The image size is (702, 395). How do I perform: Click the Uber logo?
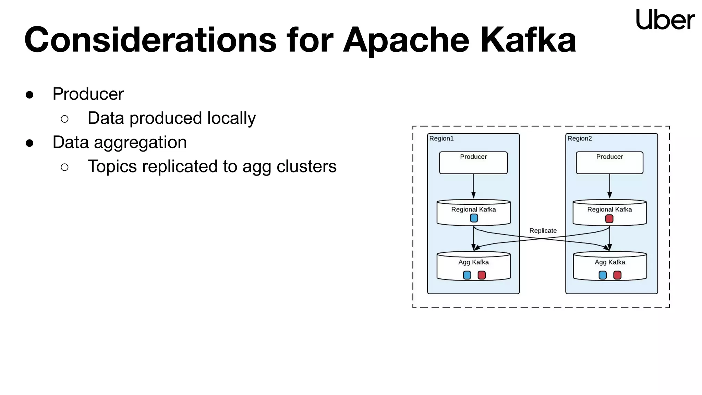(665, 20)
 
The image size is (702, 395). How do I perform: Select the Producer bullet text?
(88, 94)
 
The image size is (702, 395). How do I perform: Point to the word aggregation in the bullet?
(140, 142)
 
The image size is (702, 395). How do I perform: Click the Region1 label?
(441, 139)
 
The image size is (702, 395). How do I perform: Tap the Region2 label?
(580, 139)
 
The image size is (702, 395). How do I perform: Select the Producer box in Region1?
(473, 163)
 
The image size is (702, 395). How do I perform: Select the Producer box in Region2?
(609, 163)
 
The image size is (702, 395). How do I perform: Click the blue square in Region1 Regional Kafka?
(474, 218)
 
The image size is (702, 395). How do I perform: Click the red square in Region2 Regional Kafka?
(609, 219)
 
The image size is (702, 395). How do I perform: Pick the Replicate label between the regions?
(543, 231)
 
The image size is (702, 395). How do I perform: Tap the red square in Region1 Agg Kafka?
(482, 275)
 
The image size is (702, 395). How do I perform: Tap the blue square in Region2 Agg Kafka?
(603, 275)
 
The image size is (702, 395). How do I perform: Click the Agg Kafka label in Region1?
(473, 262)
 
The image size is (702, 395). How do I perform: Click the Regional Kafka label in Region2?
(609, 210)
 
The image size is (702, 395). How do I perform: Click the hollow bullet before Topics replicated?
(64, 167)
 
